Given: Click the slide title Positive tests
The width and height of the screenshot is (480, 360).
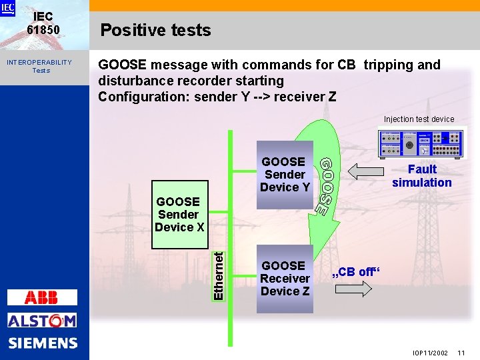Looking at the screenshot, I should point(155,30).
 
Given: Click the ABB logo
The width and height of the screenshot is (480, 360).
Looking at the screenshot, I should point(42,297).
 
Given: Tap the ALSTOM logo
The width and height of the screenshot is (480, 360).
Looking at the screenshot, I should point(42,321).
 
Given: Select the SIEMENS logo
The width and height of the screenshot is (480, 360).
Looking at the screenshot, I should point(43,343).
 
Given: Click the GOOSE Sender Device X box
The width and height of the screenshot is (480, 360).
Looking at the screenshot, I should point(179,215).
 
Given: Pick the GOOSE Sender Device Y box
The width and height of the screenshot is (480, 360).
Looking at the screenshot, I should point(285,175).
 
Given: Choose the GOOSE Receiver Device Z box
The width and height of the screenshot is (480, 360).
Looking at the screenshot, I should point(285,279).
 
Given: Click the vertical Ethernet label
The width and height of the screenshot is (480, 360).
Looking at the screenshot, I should point(218,273).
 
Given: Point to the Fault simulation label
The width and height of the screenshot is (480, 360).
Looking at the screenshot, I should point(421,176).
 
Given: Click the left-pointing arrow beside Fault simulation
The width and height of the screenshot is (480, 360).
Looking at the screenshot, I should point(366,173).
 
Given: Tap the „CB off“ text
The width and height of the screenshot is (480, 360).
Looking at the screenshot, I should point(356,272).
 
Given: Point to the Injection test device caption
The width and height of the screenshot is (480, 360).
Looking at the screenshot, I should point(419,119).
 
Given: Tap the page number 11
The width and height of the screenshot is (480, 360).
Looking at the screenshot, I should point(462,351).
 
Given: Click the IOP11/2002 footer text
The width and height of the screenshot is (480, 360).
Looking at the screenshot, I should point(430,351).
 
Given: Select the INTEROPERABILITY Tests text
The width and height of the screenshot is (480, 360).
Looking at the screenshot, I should point(39,66).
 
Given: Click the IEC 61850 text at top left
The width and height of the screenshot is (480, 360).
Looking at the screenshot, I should point(43,23).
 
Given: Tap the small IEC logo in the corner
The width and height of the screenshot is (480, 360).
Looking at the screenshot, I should point(7,7).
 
